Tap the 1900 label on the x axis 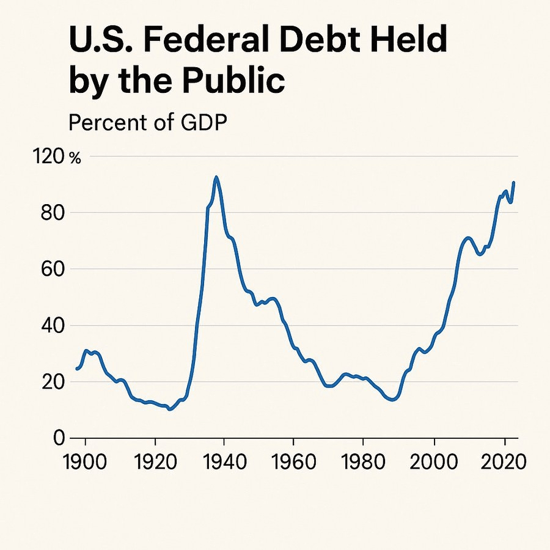pyautogui.click(x=85, y=461)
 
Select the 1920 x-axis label pyautogui.click(x=155, y=461)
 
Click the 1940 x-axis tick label pyautogui.click(x=224, y=461)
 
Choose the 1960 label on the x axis pyautogui.click(x=293, y=461)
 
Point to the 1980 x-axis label pyautogui.click(x=363, y=461)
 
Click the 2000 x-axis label pyautogui.click(x=433, y=461)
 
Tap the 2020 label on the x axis pyautogui.click(x=502, y=461)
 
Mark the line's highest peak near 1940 pyautogui.click(x=216, y=177)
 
